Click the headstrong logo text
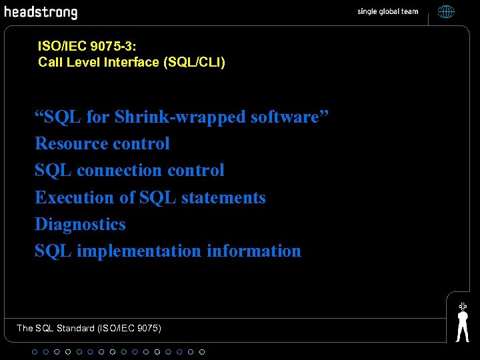pos(41,12)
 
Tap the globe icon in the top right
pos(446,11)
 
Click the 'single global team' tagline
pos(387,11)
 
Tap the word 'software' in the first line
pos(285,117)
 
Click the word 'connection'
pos(119,171)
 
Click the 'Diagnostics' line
pos(80,224)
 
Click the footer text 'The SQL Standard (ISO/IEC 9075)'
pos(89,328)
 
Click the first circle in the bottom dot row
pos(35,351)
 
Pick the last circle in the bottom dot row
pos(202,351)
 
